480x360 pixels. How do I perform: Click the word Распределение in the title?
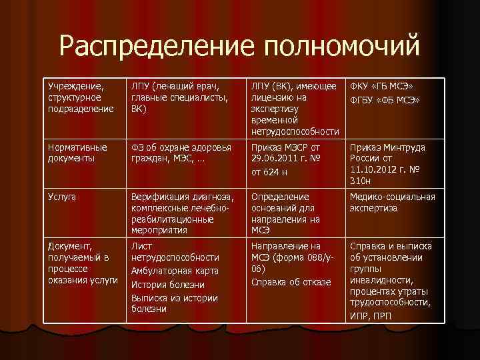[156, 47]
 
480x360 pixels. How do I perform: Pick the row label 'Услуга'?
[62, 197]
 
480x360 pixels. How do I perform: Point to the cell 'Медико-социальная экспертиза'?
[392, 202]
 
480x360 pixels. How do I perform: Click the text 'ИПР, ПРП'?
[371, 315]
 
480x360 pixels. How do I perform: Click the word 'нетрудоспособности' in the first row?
[294, 132]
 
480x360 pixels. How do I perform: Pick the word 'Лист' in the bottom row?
[140, 246]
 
